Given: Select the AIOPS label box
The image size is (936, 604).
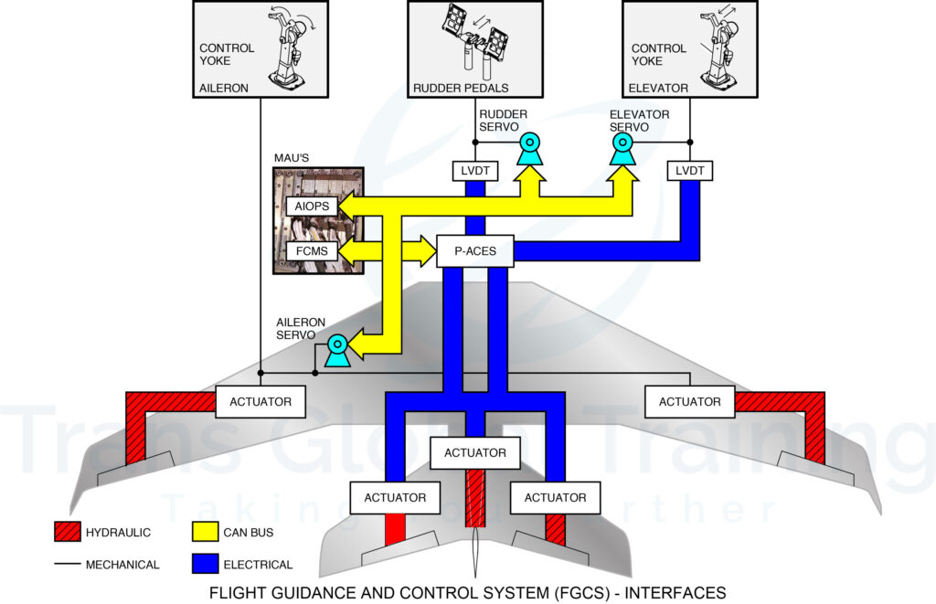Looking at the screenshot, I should [x=312, y=207].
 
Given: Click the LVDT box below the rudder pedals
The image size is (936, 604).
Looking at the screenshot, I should [x=474, y=170].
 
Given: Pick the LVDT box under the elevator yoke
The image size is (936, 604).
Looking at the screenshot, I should [x=689, y=170].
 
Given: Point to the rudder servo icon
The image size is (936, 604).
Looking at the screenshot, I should [x=530, y=149].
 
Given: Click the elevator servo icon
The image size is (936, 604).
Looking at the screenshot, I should [x=623, y=149].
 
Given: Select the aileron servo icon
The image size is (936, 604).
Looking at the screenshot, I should [x=337, y=350].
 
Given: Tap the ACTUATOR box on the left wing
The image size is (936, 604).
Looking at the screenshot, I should [x=261, y=401].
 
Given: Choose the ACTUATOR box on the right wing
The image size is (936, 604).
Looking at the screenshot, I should [x=689, y=401].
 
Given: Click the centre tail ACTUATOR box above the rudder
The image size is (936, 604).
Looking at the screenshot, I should [x=474, y=452].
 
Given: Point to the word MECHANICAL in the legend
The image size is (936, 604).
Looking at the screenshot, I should [x=122, y=565].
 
